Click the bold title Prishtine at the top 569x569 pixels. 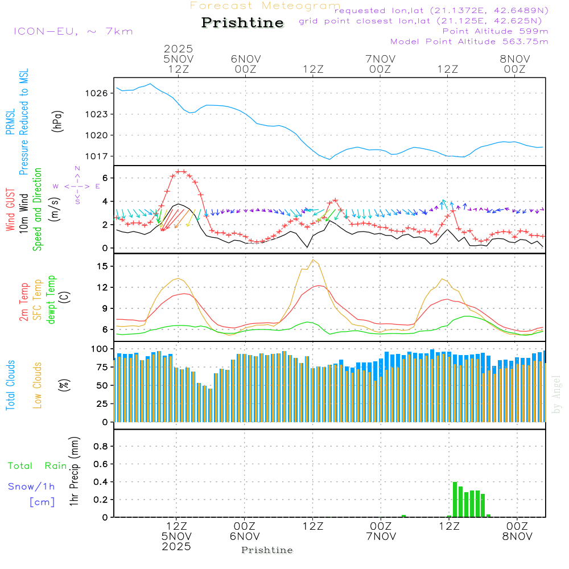click(242, 23)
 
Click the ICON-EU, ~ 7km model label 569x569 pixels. click(73, 31)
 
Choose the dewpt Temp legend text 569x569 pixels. click(51, 300)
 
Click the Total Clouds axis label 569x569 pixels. click(10, 385)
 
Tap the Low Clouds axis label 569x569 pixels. click(38, 385)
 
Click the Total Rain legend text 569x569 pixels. click(37, 466)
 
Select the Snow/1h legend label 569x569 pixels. click(31, 486)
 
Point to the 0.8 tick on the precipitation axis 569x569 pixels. click(101, 447)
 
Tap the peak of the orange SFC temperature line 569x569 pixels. click(313, 259)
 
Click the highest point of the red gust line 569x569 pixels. click(181, 171)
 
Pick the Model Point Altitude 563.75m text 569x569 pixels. click(469, 42)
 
